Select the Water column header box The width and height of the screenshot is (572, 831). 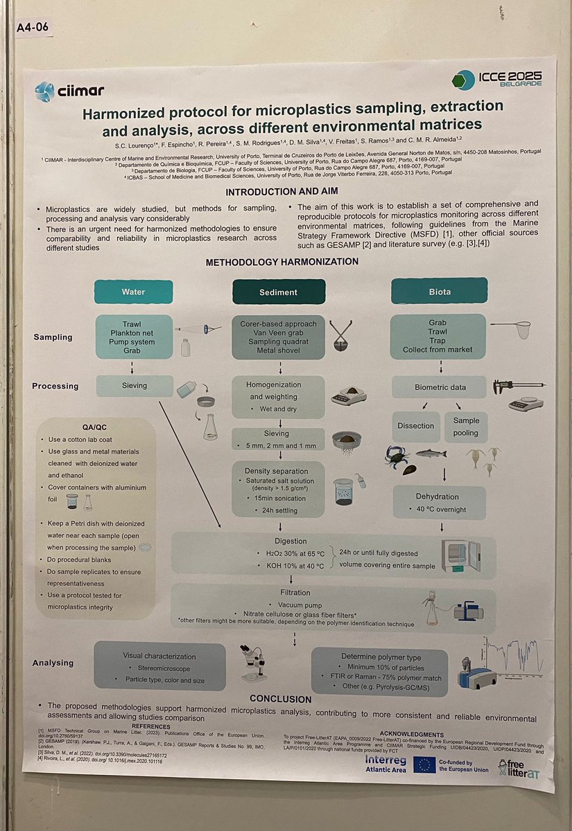133,292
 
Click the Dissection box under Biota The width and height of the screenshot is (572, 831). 416,427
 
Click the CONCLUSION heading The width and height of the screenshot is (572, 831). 280,699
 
